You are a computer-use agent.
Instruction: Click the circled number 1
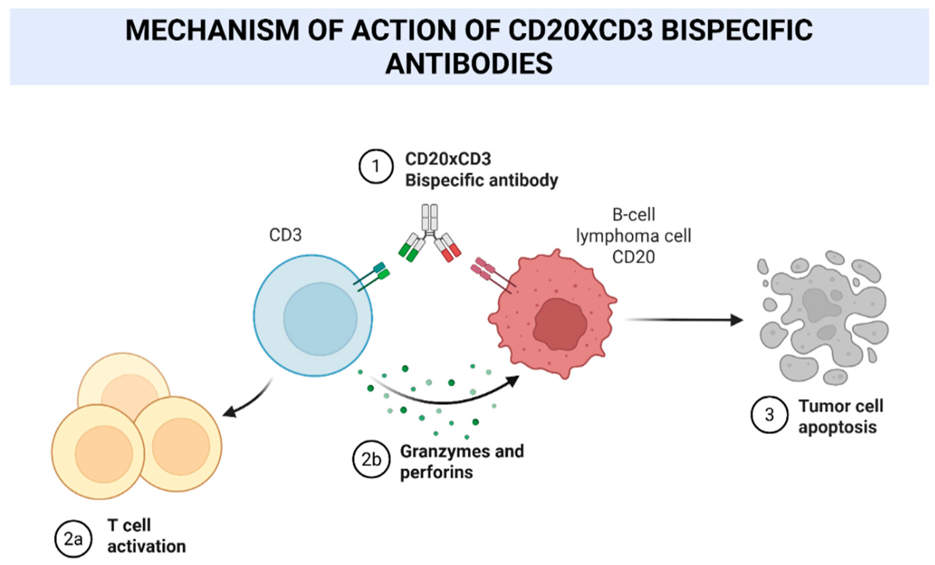click(x=376, y=166)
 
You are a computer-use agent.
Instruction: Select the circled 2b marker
click(x=371, y=459)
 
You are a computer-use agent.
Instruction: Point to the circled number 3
click(x=769, y=415)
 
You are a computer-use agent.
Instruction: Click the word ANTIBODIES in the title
click(x=469, y=63)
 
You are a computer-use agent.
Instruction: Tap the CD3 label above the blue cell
click(x=285, y=235)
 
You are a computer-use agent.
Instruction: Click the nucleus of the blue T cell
click(x=320, y=319)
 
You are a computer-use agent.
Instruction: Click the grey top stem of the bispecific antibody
click(x=429, y=220)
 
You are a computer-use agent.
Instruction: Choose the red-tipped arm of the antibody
click(x=448, y=247)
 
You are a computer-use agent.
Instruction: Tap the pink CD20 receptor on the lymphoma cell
click(x=493, y=275)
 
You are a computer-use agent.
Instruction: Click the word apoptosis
click(x=837, y=428)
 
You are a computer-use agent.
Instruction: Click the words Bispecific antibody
click(x=481, y=180)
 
